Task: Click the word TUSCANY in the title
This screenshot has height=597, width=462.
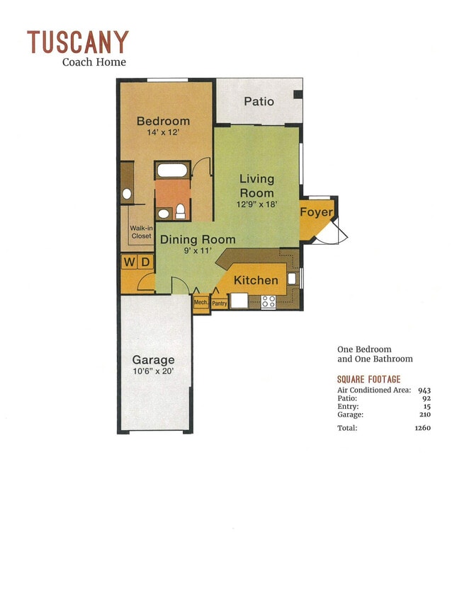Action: [x=78, y=42]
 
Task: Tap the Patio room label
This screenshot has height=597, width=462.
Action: [x=259, y=101]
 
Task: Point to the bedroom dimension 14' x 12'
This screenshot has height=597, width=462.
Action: [x=163, y=133]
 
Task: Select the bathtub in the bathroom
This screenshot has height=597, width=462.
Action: [x=172, y=170]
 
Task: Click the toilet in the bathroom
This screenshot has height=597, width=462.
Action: [x=181, y=210]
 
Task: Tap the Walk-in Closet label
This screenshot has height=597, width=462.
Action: [x=141, y=232]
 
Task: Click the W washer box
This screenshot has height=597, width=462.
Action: [x=129, y=262]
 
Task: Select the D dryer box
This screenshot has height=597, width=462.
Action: [x=145, y=262]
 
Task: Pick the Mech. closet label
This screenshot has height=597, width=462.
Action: [x=201, y=302]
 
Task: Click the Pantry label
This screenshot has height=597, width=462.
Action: [x=219, y=303]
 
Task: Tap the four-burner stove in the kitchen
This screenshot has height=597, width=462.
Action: [x=269, y=301]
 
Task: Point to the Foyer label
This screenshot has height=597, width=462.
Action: [x=316, y=212]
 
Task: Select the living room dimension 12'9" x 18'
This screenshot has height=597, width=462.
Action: [x=257, y=204]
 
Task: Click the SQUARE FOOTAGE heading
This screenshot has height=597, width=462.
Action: [x=368, y=379]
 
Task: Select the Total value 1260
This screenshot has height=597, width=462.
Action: [x=422, y=427]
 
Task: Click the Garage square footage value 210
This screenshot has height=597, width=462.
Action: [x=424, y=415]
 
